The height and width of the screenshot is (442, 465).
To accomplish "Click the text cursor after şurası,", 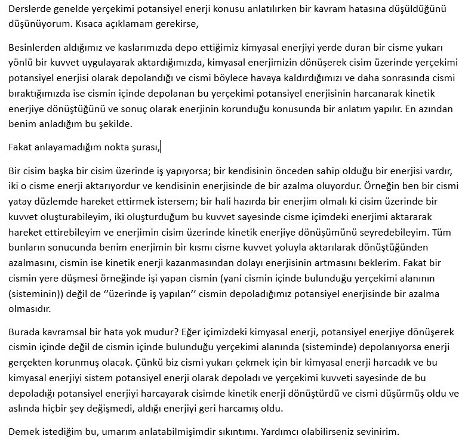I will click(161, 147).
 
